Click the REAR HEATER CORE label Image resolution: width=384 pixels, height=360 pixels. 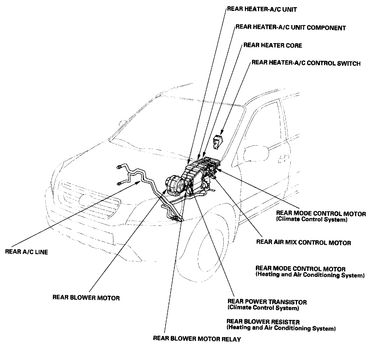tap(272, 45)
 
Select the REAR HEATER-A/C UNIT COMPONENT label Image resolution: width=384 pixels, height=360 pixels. tap(290, 27)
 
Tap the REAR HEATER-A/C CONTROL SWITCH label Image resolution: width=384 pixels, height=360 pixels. tap(306, 63)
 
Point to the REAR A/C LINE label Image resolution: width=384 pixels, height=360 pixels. tap(26, 252)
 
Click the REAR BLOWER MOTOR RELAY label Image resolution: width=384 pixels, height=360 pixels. tap(197, 339)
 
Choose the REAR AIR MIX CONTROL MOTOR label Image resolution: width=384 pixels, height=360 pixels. tap(303, 242)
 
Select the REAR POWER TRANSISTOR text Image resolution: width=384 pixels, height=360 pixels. tap(267, 302)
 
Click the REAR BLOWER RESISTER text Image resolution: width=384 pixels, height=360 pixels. tap(263, 322)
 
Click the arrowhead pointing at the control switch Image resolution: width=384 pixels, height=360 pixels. tap(222, 133)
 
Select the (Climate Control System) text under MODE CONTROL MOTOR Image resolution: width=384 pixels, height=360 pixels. tap(312, 220)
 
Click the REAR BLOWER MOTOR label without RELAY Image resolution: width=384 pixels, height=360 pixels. tap(86, 298)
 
